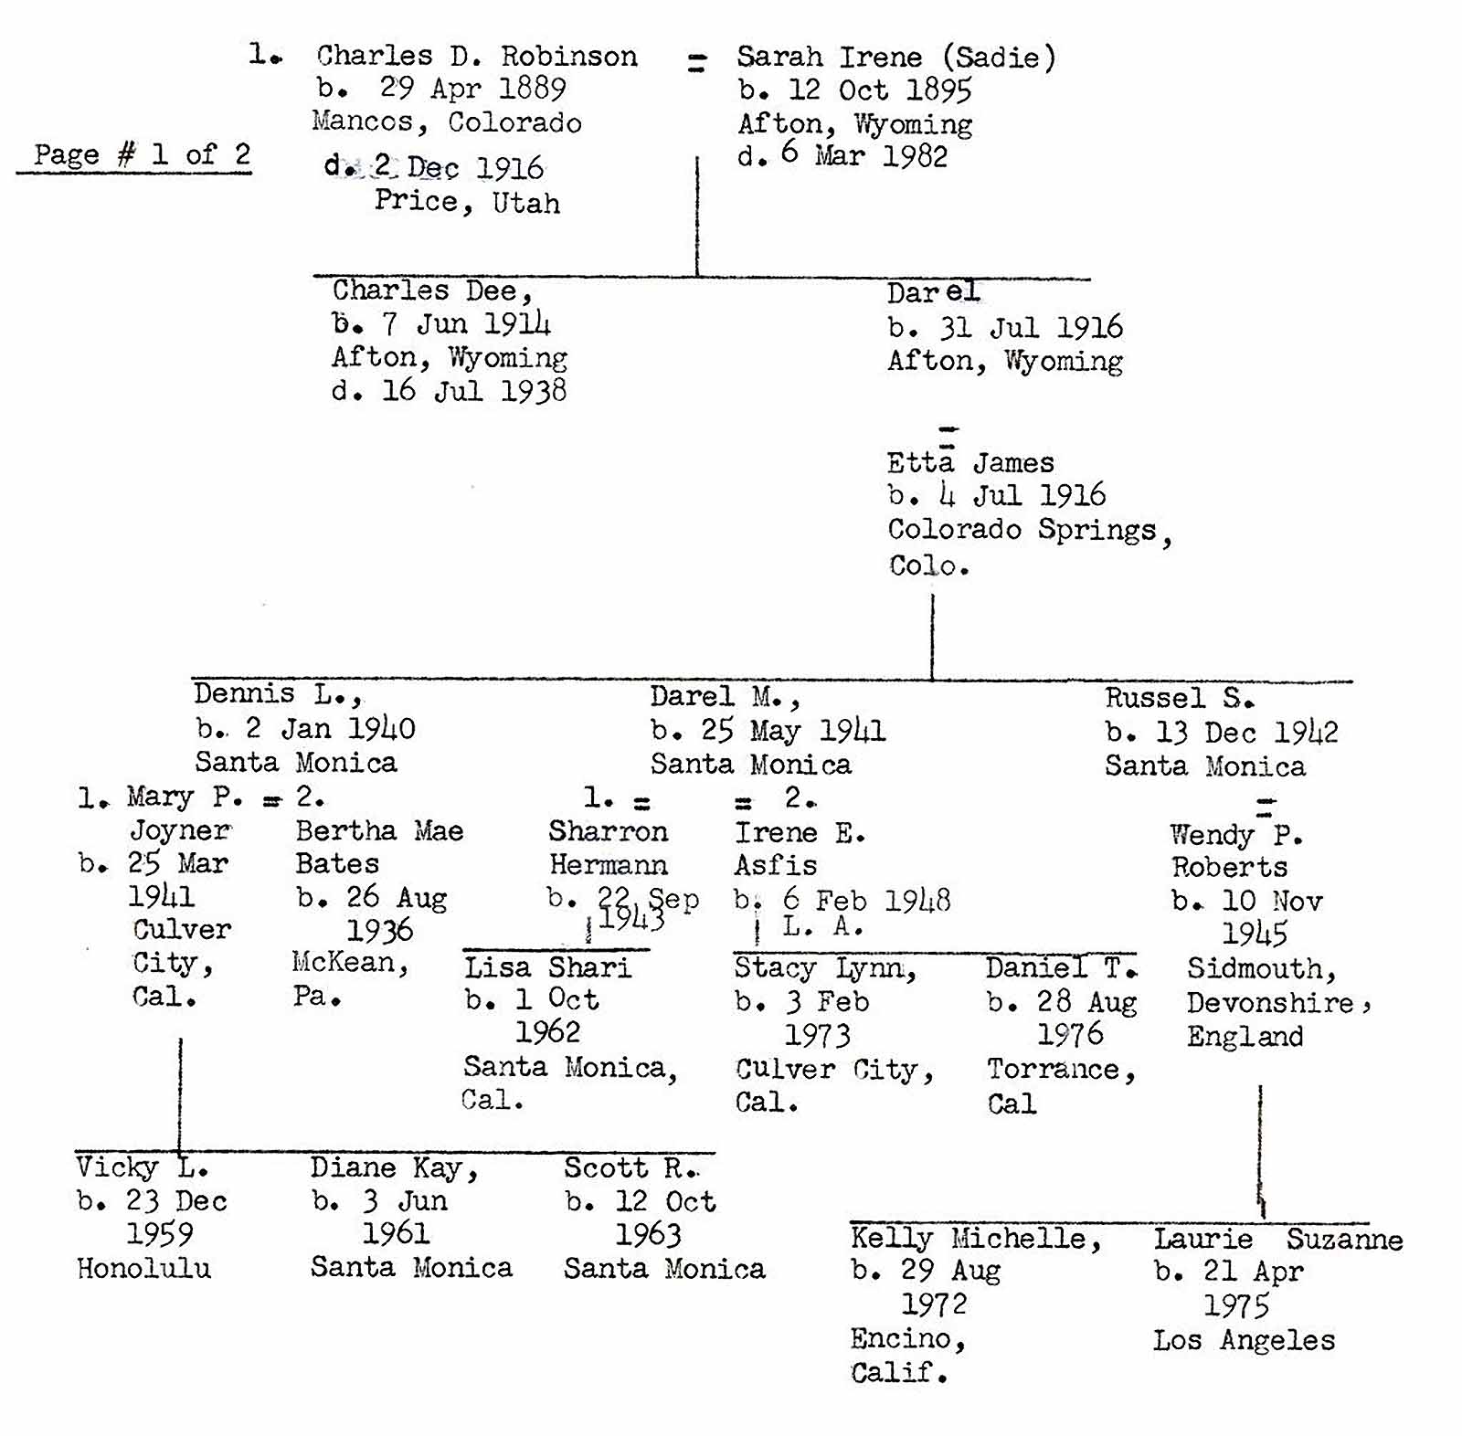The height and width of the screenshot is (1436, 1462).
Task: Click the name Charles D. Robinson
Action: pyautogui.click(x=476, y=56)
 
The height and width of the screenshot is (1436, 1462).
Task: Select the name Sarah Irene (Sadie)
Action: pyautogui.click(x=895, y=58)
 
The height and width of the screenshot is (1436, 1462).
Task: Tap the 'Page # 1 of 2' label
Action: pyautogui.click(x=142, y=154)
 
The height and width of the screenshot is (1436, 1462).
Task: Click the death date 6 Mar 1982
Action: pyautogui.click(x=863, y=155)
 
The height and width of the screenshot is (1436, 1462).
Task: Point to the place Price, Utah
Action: pyautogui.click(x=467, y=202)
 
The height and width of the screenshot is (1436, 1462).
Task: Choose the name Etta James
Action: pyautogui.click(x=969, y=463)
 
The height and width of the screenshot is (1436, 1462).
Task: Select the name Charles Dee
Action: pyautogui.click(x=431, y=290)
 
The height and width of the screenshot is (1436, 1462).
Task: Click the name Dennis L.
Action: pyautogui.click(x=277, y=694)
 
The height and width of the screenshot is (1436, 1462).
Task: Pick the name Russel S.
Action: pyautogui.click(x=1179, y=699)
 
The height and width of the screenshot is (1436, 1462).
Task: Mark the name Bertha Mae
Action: pyautogui.click(x=379, y=831)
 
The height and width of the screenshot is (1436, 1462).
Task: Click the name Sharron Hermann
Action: pyautogui.click(x=608, y=848)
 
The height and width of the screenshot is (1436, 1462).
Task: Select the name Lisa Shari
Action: pyautogui.click(x=547, y=967)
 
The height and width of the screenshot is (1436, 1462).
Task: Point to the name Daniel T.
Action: pyautogui.click(x=1061, y=967)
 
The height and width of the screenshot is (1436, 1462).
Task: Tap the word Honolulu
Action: pyautogui.click(x=143, y=1268)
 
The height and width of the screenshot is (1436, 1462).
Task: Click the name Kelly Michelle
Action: pyautogui.click(x=975, y=1239)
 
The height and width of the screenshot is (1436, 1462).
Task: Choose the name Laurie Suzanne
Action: pyautogui.click(x=1277, y=1240)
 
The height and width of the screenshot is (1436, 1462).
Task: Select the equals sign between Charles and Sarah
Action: pyautogui.click(x=696, y=62)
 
